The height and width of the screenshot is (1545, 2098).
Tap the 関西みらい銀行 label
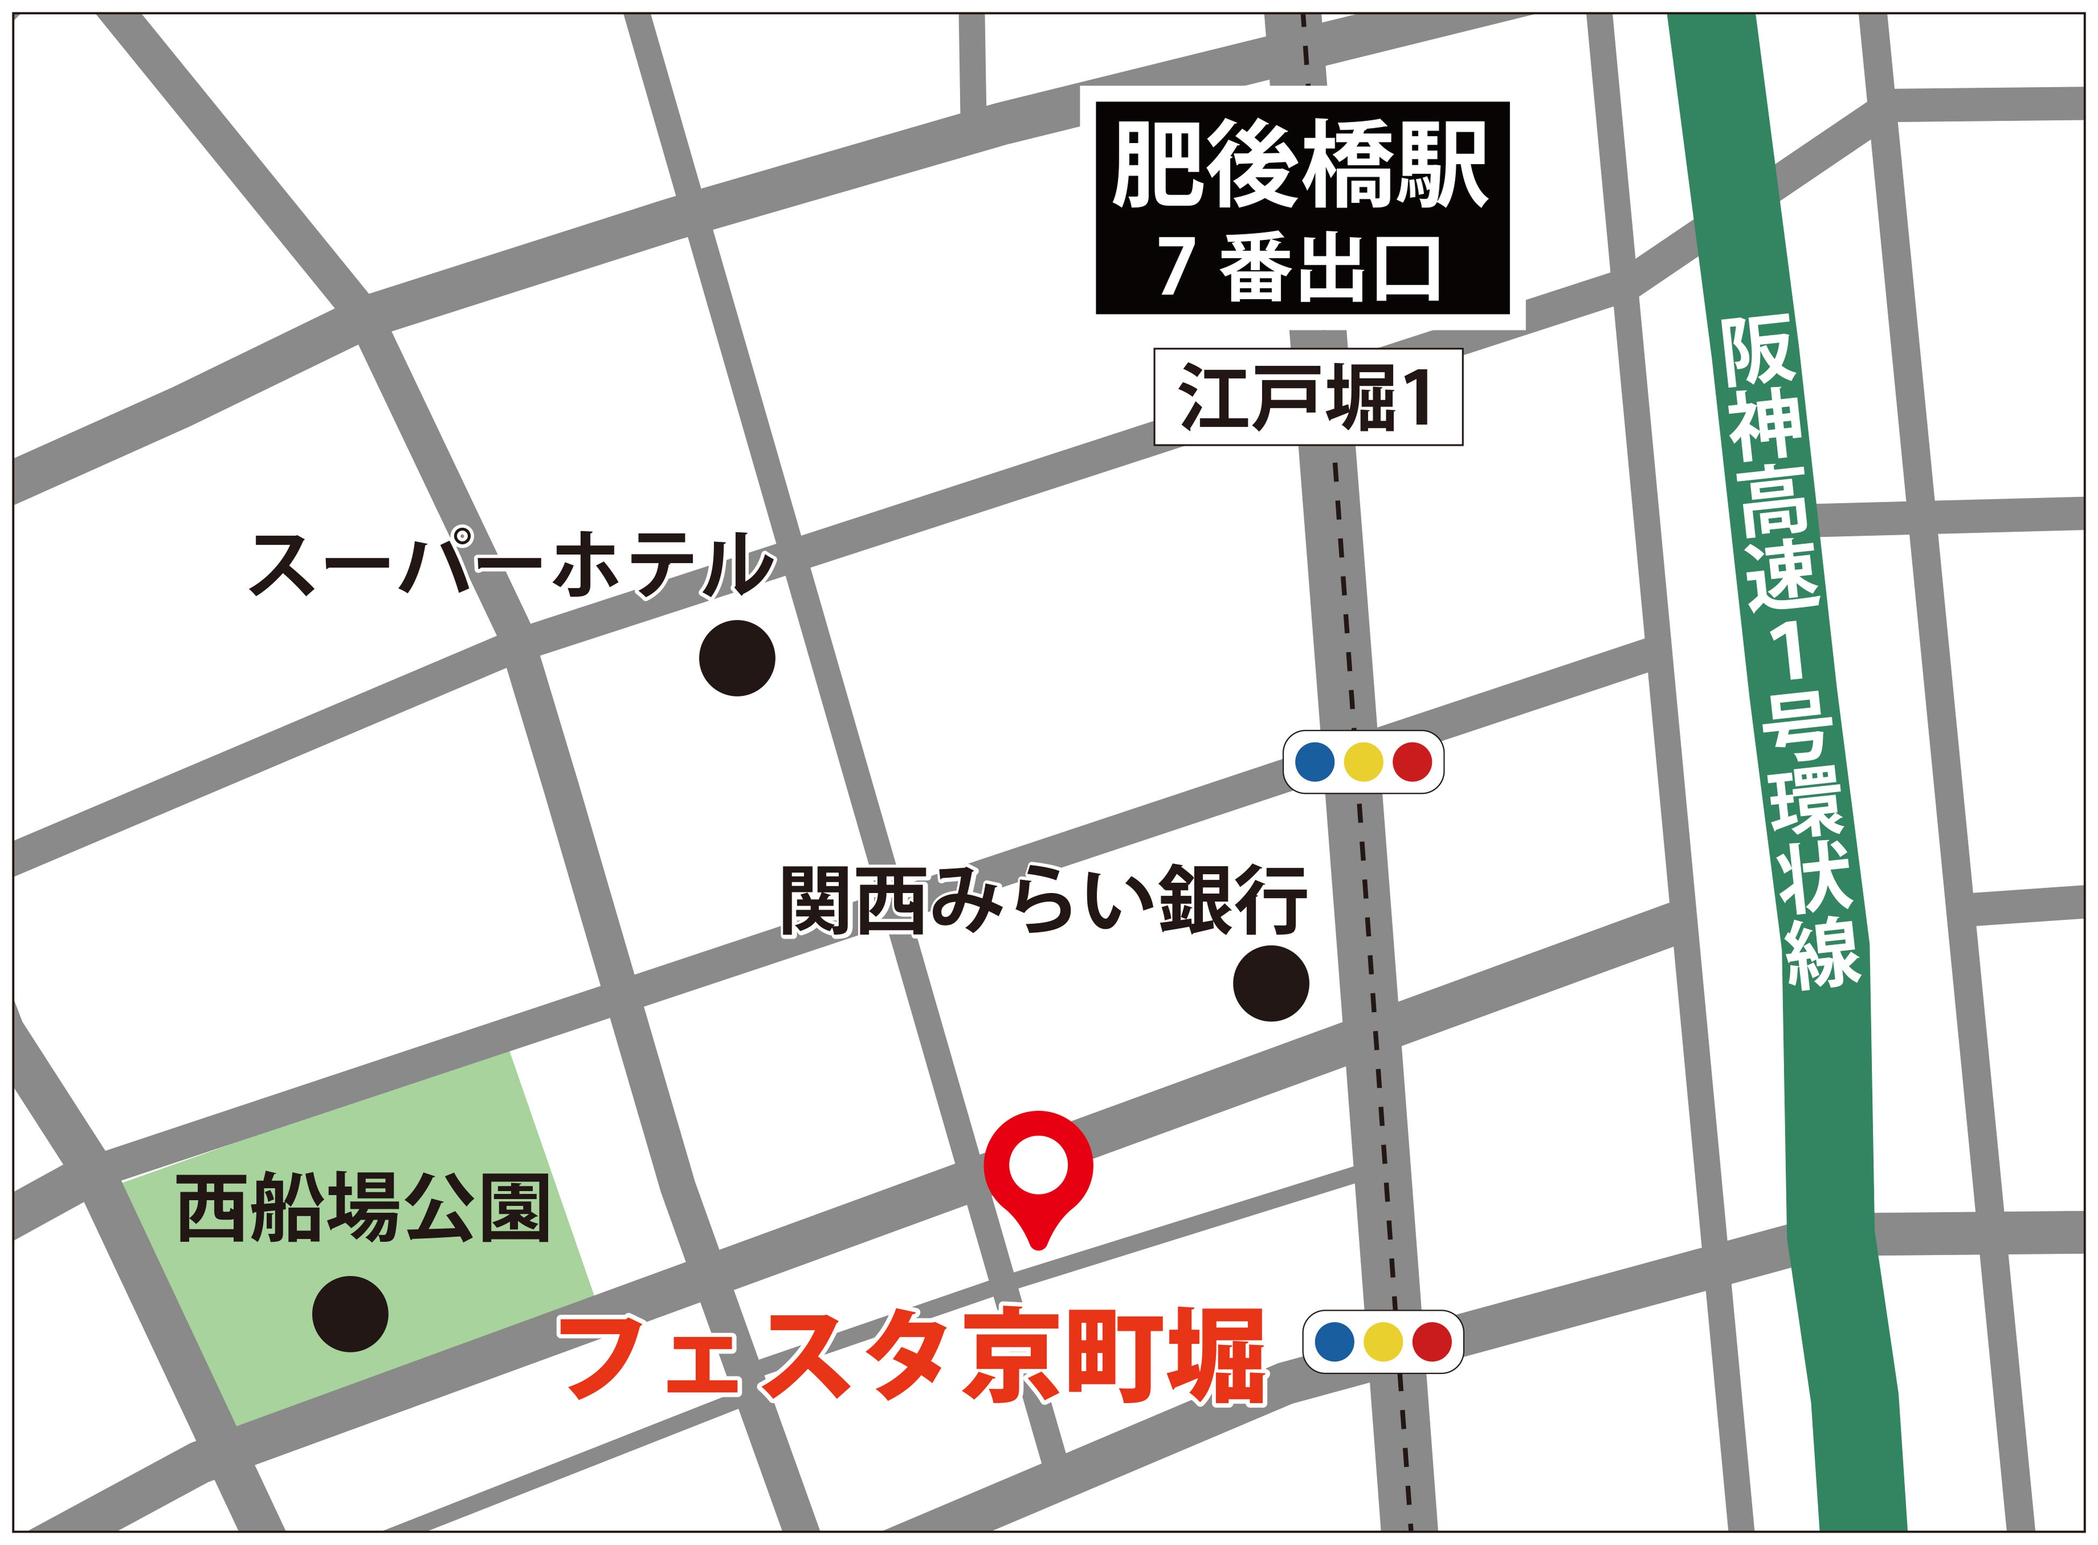click(x=1043, y=901)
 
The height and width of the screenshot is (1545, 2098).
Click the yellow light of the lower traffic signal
click(x=1383, y=1342)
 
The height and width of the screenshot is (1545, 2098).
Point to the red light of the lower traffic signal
click(x=1431, y=1342)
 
